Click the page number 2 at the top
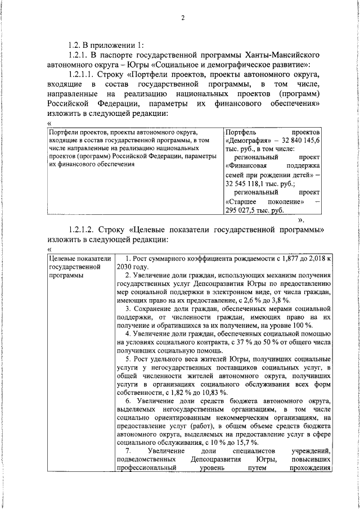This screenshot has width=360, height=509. click(x=182, y=17)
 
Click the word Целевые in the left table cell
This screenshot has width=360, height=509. click(x=63, y=258)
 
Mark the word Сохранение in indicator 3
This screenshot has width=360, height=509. click(x=154, y=310)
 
